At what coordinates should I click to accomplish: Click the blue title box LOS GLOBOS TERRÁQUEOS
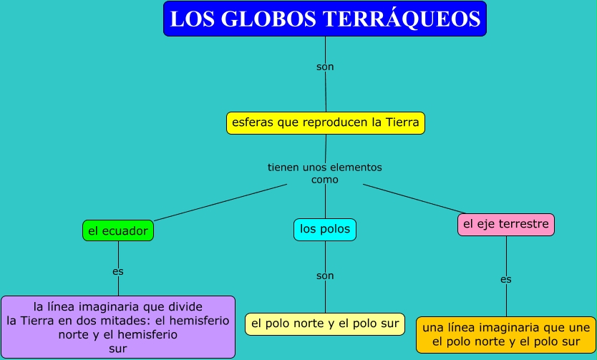[x=324, y=19]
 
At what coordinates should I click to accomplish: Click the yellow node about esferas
[x=326, y=122]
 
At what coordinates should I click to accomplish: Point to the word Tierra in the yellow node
[x=402, y=122]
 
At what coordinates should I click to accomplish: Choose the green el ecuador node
[x=118, y=230]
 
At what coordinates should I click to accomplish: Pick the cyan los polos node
[x=325, y=229]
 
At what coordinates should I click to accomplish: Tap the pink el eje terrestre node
[x=506, y=224]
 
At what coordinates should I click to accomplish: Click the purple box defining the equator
[x=118, y=327]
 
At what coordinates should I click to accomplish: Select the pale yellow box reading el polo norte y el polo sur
[x=325, y=323]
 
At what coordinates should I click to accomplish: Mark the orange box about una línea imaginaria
[x=506, y=335]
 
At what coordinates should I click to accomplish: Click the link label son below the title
[x=325, y=67]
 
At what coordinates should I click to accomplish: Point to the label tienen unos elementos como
[x=325, y=173]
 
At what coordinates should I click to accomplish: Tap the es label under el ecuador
[x=118, y=271]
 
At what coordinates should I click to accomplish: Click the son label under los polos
[x=325, y=275]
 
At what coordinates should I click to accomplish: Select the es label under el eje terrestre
[x=506, y=279]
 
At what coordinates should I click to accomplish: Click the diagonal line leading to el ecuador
[x=220, y=202]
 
